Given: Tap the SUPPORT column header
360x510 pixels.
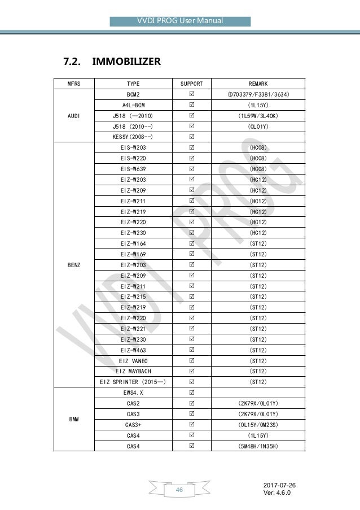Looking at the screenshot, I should click(191, 83).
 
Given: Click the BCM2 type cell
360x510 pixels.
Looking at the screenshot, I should click(134, 94).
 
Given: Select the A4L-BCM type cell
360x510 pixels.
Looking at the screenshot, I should click(134, 104).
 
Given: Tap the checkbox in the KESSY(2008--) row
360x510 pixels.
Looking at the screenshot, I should click(191, 137).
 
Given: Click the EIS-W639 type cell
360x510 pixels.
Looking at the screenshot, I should click(134, 169).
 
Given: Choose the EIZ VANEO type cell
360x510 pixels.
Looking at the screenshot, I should click(134, 360).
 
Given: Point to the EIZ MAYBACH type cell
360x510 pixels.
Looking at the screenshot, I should click(134, 371).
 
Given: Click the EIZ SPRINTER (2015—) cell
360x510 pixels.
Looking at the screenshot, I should click(134, 382).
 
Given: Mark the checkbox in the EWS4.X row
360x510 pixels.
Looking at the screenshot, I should click(191, 393).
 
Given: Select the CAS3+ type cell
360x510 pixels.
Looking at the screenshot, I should click(134, 425).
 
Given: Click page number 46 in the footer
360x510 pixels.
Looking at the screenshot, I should click(179, 490).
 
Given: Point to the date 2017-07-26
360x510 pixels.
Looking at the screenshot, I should click(279, 485).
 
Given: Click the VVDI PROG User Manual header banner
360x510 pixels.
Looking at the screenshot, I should click(180, 21).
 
